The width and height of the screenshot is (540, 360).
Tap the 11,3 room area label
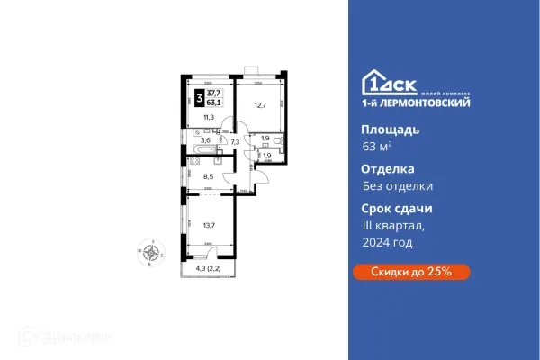[x=208, y=118]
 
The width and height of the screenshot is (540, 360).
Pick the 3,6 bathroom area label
[x=206, y=140]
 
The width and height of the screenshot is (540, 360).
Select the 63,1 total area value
[x=216, y=104]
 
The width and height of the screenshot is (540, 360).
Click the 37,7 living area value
[x=216, y=94]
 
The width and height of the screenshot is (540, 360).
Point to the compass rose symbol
[x=154, y=253]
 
